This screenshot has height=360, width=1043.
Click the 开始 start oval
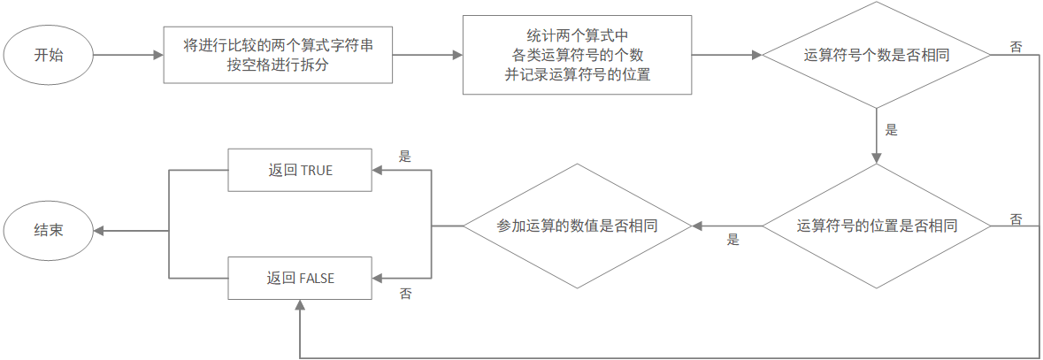pyautogui.click(x=50, y=55)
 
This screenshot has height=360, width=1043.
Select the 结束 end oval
pyautogui.click(x=50, y=230)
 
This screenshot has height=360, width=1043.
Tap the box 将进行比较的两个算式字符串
pyautogui.click(x=278, y=55)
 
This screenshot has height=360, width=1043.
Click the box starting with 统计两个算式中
pyautogui.click(x=577, y=55)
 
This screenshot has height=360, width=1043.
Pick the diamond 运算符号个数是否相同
pyautogui.click(x=876, y=55)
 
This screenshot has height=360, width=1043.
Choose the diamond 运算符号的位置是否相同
pyautogui.click(x=876, y=226)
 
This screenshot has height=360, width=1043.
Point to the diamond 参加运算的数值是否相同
pyautogui.click(x=577, y=226)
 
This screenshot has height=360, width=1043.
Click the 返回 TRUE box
pyautogui.click(x=300, y=170)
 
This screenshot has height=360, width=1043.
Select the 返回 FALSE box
pyautogui.click(x=300, y=278)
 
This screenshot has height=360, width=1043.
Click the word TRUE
pyautogui.click(x=316, y=170)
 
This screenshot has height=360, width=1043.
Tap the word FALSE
pyautogui.click(x=317, y=278)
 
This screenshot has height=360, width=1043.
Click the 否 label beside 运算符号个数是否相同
pyautogui.click(x=1016, y=47)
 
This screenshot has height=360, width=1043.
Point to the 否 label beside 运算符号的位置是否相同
pyautogui.click(x=1016, y=218)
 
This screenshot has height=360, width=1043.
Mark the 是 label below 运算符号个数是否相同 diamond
pyautogui.click(x=891, y=130)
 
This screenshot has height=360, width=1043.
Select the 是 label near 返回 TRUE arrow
pyautogui.click(x=405, y=157)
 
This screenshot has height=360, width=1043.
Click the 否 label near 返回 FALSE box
pyautogui.click(x=405, y=292)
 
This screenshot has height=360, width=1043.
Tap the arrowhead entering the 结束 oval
pyautogui.click(x=99, y=230)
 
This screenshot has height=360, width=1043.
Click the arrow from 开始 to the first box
pyautogui.click(x=129, y=55)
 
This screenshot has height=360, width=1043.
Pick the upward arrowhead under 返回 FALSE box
pyautogui.click(x=300, y=304)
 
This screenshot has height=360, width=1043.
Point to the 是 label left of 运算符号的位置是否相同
pyautogui.click(x=732, y=239)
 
